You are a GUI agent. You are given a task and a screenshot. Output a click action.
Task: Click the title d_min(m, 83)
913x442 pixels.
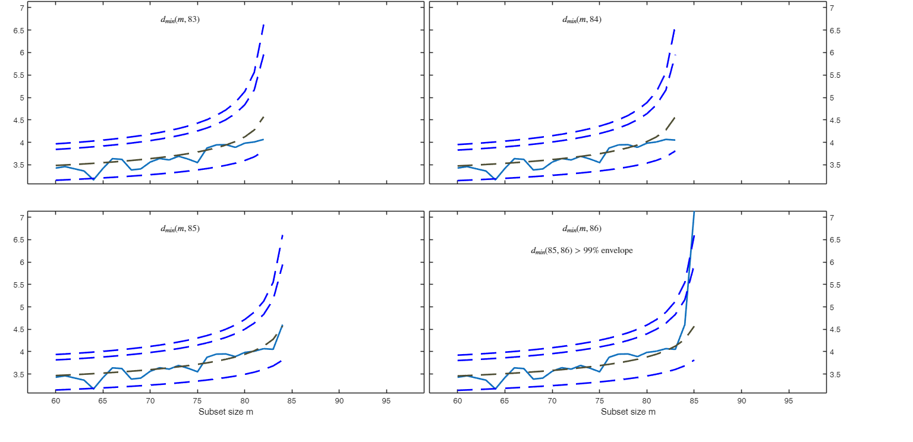click(180, 20)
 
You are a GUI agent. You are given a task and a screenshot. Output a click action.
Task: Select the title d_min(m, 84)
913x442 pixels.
click(582, 20)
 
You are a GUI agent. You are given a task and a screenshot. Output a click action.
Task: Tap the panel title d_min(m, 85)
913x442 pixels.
click(180, 229)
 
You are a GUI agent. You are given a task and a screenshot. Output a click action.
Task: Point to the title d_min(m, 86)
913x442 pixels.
click(582, 229)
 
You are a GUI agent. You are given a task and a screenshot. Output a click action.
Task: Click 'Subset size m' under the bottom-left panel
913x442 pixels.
click(226, 412)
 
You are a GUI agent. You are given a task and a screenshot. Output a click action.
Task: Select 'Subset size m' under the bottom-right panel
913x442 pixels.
click(628, 412)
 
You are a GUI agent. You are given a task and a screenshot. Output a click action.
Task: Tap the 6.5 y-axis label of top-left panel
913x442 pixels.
click(17, 30)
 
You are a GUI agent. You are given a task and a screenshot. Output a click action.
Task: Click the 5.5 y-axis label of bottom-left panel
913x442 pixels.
click(17, 285)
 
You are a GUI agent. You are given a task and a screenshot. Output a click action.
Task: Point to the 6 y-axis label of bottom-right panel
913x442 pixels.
click(834, 263)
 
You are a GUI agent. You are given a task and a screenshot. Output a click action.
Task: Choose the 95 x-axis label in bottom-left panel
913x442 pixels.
click(386, 401)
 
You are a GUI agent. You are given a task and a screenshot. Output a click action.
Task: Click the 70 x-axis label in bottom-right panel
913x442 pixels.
click(552, 401)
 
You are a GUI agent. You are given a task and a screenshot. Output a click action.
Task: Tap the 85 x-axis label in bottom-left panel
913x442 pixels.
click(292, 401)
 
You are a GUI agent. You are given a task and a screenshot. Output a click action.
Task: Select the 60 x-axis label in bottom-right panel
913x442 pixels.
click(458, 401)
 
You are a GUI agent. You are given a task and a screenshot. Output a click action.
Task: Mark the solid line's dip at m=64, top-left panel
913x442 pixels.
click(93, 179)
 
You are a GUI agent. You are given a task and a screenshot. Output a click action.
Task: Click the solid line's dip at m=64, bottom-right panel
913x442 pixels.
click(496, 389)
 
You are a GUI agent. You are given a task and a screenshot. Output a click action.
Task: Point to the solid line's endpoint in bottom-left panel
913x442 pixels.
click(282, 325)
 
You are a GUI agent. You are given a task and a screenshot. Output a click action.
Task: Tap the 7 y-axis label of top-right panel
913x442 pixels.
click(834, 8)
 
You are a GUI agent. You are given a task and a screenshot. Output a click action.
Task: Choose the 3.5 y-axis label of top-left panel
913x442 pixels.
click(17, 165)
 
